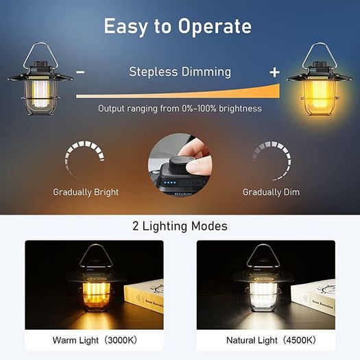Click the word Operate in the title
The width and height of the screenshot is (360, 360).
215,27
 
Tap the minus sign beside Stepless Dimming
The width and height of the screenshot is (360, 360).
80,72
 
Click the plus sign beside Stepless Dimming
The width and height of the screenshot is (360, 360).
274,72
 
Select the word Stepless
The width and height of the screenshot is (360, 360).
154,72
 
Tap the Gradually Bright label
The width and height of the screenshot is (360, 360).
86,193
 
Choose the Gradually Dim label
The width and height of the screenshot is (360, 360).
271,192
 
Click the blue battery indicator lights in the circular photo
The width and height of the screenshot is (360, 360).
171,183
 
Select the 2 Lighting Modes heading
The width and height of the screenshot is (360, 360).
180,226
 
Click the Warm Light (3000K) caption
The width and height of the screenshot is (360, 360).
95,340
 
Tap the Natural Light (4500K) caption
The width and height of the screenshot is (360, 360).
271,340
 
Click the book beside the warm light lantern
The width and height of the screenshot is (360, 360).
144,298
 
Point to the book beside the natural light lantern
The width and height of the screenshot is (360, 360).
313,298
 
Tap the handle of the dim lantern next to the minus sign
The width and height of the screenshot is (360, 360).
27,56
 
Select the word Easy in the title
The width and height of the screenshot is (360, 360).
125,27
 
